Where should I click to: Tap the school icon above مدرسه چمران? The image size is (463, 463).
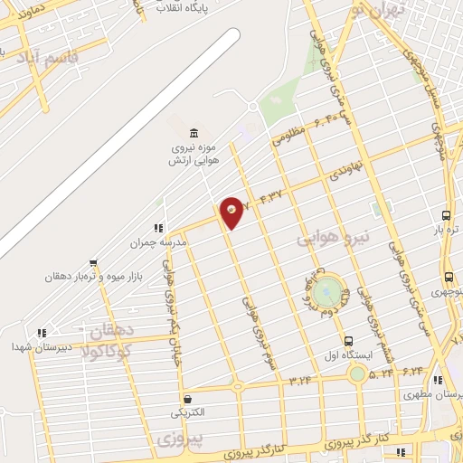click(x=159, y=228)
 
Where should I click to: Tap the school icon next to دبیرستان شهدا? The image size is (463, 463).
click(x=40, y=333)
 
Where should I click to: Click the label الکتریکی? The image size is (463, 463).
click(x=187, y=412)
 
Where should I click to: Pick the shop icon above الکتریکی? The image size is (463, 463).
click(x=187, y=398)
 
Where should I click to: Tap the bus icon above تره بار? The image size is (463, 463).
click(x=446, y=215)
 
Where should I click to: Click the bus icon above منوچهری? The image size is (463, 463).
click(x=449, y=277)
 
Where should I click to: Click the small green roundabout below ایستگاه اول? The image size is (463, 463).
click(x=359, y=373)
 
